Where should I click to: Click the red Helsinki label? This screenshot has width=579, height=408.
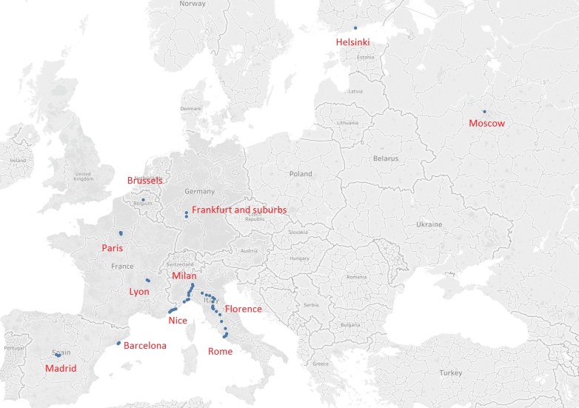tap(352, 43)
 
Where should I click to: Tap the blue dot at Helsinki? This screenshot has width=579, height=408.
tap(355, 28)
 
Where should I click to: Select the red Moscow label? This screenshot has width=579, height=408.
tap(486, 124)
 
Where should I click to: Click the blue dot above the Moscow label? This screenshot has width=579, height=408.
tap(484, 112)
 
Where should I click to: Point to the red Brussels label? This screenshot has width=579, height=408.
tap(145, 181)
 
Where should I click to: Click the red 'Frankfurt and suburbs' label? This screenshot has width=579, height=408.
tap(238, 210)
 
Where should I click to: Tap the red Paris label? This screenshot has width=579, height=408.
tap(112, 249)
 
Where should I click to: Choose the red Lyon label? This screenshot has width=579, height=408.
tap(139, 292)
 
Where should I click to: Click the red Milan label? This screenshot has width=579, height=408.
tap(184, 276)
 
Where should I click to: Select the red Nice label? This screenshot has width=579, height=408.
tap(178, 321)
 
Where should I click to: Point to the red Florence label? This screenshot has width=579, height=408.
tap(243, 309)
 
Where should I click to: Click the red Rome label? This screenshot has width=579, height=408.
tap(220, 352)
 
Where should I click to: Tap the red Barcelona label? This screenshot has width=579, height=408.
tap(144, 346)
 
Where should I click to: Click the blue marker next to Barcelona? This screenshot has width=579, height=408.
tap(118, 343)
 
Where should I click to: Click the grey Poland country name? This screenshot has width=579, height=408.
tap(301, 173)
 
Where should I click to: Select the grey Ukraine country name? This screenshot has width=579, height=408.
tap(429, 224)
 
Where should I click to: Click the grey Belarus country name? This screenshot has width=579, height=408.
tap(386, 158)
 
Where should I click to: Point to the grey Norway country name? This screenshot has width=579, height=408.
tap(193, 4)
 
